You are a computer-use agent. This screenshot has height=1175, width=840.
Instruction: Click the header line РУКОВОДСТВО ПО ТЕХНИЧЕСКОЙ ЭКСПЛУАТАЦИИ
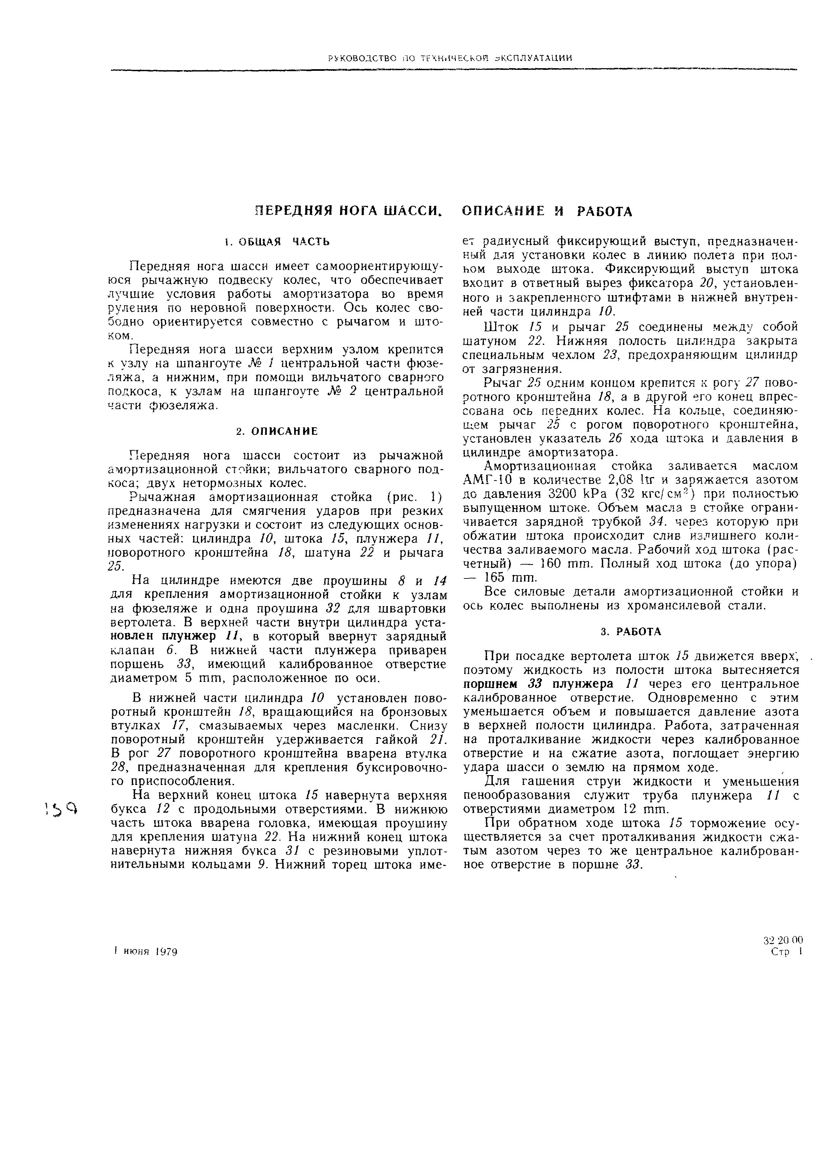[x=450, y=58]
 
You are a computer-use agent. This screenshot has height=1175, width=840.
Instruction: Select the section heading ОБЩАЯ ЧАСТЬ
[x=277, y=241]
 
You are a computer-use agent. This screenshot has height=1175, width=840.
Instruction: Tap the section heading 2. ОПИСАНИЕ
[x=277, y=431]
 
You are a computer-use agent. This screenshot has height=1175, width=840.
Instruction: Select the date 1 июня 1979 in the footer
[x=146, y=952]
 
